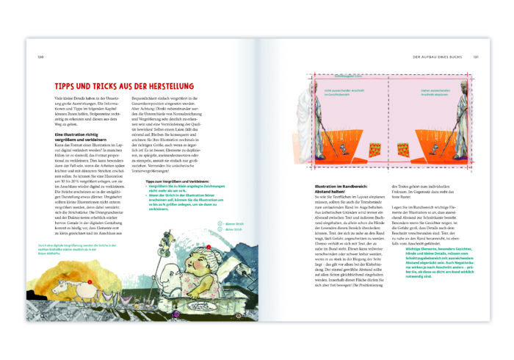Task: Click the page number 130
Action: [40, 56]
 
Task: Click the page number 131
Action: [475, 56]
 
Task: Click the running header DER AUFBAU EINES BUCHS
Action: [440, 56]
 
